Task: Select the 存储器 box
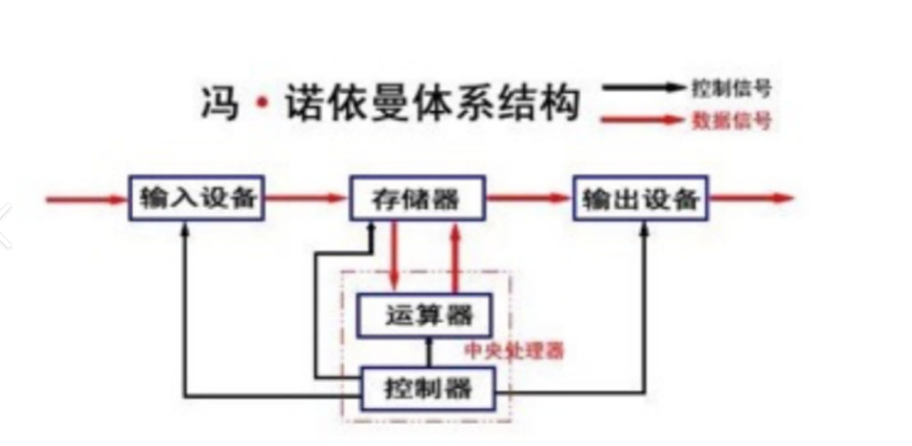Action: pyautogui.click(x=416, y=197)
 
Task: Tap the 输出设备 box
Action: pyautogui.click(x=641, y=197)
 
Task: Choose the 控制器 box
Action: pyautogui.click(x=428, y=389)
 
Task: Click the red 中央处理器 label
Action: pyautogui.click(x=514, y=351)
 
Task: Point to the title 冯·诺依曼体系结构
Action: pyautogui.click(x=390, y=102)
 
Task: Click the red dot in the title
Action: pyautogui.click(x=262, y=103)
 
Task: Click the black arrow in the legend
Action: pyautogui.click(x=643, y=88)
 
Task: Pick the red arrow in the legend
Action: pyautogui.click(x=643, y=119)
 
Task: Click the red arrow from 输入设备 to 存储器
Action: pyautogui.click(x=306, y=197)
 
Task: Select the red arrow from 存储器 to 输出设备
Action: pyautogui.click(x=528, y=197)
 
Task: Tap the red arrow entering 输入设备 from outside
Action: pyautogui.click(x=87, y=197)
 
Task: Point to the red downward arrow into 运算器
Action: pyautogui.click(x=393, y=255)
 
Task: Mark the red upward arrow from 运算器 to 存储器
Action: pyautogui.click(x=453, y=255)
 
